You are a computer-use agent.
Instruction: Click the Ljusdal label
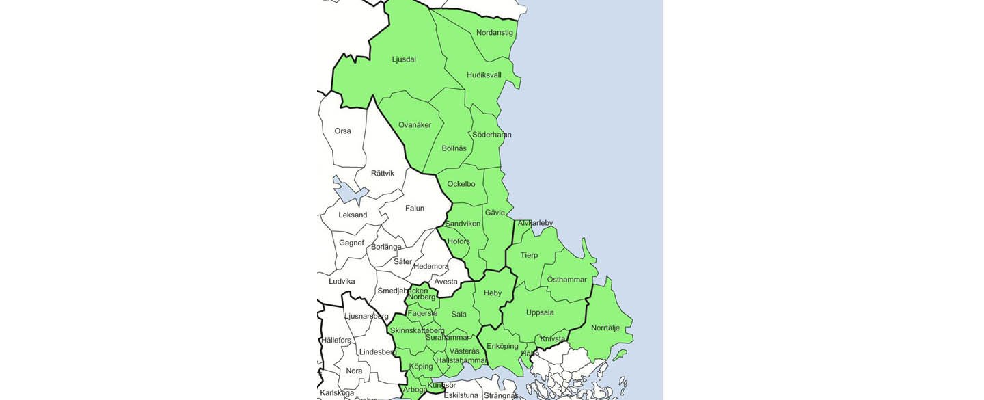click(404, 59)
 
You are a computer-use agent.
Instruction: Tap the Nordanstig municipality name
click(494, 32)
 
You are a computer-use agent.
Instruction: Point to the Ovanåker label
click(415, 125)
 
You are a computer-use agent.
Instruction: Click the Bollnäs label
click(454, 148)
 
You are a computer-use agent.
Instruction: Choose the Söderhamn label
click(491, 135)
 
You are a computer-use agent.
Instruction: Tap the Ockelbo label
click(461, 184)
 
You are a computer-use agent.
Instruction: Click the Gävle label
click(495, 213)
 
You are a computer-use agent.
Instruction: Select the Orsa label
click(342, 131)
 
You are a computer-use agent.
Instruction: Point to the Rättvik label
click(382, 174)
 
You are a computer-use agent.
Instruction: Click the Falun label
click(415, 209)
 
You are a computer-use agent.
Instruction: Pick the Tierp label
click(529, 256)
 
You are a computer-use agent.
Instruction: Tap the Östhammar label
click(567, 280)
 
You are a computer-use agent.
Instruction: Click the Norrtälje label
click(605, 328)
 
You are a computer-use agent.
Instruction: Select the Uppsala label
click(540, 313)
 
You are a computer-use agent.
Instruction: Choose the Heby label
click(493, 293)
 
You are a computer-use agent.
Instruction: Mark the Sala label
click(459, 315)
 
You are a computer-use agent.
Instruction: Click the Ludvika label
click(342, 282)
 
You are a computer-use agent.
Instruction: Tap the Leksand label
click(353, 215)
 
